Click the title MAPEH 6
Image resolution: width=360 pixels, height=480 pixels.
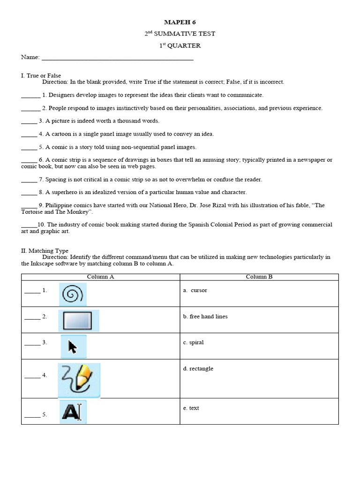pyautogui.click(x=180, y=22)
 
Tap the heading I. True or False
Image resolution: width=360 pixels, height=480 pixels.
pyautogui.click(x=41, y=75)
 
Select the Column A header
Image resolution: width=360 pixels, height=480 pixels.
pyautogui.click(x=100, y=277)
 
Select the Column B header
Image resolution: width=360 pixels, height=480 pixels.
pyautogui.click(x=259, y=277)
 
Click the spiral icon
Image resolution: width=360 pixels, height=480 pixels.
pyautogui.click(x=73, y=294)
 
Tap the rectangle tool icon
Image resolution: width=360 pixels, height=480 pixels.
pyautogui.click(x=78, y=321)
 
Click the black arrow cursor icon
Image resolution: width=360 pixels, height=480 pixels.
pyautogui.click(x=73, y=347)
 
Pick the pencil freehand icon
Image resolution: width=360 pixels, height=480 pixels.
pyautogui.click(x=79, y=378)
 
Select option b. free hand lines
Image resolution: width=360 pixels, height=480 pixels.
pyautogui.click(x=205, y=316)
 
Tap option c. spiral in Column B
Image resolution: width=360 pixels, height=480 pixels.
pyautogui.click(x=193, y=342)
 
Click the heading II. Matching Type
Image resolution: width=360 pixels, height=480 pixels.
pyautogui.click(x=45, y=251)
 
